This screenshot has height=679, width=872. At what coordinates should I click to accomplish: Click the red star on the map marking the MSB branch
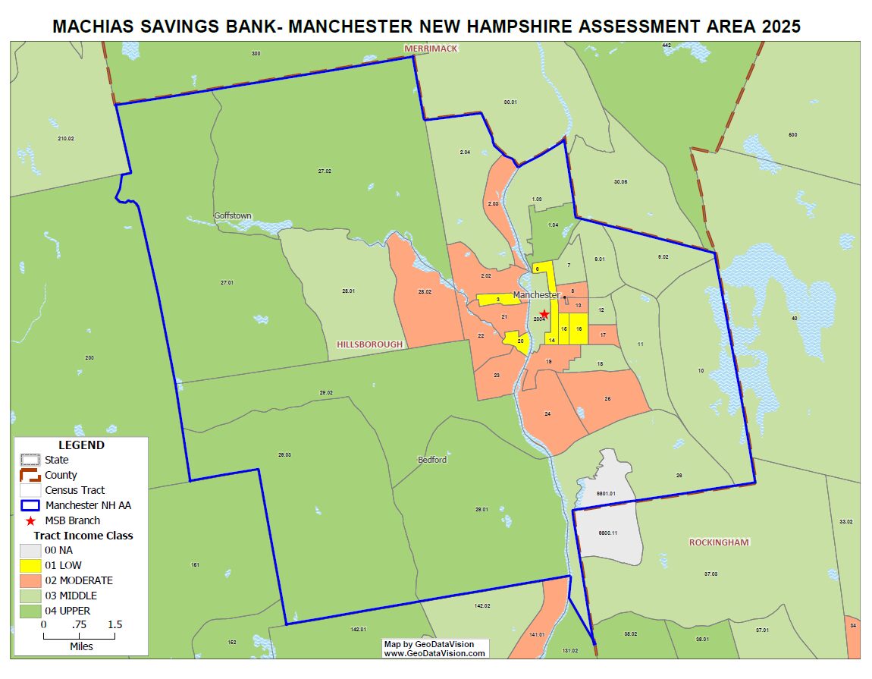(x=544, y=314)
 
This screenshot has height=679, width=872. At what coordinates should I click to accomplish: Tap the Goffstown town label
(x=233, y=215)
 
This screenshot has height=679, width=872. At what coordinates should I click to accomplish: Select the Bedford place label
(x=432, y=460)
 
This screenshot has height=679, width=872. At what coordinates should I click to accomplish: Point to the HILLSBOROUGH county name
(x=369, y=344)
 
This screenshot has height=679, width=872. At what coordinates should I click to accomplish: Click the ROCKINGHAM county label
(x=719, y=542)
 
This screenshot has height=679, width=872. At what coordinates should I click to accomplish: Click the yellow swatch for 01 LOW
(x=30, y=565)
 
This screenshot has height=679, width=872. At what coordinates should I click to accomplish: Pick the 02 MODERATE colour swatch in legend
(x=30, y=580)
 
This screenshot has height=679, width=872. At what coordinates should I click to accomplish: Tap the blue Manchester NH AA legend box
(x=30, y=505)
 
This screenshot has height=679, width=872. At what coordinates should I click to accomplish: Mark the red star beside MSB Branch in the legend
(x=30, y=521)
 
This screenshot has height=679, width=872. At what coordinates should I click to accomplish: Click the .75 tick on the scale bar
(x=80, y=624)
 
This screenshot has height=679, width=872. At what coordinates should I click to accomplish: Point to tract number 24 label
(x=547, y=413)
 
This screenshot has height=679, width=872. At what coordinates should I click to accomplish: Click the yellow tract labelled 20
(x=520, y=341)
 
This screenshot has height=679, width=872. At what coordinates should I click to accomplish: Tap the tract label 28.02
(x=425, y=291)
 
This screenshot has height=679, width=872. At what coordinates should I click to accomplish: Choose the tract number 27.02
(x=325, y=171)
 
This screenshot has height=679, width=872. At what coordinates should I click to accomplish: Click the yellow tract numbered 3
(x=498, y=300)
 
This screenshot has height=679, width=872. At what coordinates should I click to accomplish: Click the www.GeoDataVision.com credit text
(x=434, y=652)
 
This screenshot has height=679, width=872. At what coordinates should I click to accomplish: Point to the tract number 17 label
(x=603, y=335)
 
